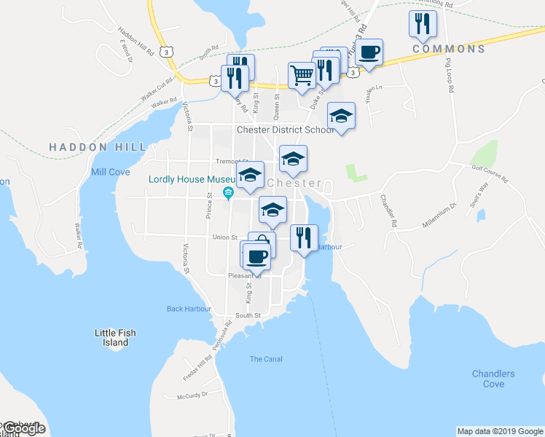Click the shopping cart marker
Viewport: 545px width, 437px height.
click(301, 74)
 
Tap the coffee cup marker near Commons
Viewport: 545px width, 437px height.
click(369, 52)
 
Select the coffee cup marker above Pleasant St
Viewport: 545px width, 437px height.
click(256, 256)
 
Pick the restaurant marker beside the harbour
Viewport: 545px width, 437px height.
click(303, 237)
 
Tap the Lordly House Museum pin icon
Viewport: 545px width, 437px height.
click(228, 193)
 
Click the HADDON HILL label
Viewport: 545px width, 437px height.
click(87, 147)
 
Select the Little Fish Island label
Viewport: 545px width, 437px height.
click(115, 337)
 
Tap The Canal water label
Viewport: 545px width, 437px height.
click(266, 359)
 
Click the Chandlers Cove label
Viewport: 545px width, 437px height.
click(493, 379)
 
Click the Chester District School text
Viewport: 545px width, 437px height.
click(284, 130)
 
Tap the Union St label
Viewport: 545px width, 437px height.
click(224, 237)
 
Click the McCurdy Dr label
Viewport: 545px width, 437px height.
click(192, 395)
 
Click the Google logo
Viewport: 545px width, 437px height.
click(24, 429)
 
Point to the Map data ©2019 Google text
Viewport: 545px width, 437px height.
click(499, 431)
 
